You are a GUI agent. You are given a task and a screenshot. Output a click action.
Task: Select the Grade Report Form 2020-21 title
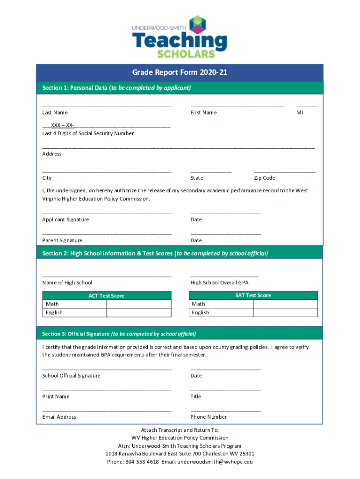180,73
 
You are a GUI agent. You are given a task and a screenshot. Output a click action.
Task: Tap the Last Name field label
55,113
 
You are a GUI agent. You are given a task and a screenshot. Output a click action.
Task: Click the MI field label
300,113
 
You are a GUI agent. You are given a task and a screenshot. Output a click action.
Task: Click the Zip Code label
264,178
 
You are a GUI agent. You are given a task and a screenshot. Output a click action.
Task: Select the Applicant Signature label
65,220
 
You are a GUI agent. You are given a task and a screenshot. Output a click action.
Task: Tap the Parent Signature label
62,240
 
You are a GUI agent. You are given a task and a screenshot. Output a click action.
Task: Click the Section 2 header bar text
155,254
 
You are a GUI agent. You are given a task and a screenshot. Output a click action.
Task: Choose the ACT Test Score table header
107,296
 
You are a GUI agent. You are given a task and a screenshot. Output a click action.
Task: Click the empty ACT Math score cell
139,304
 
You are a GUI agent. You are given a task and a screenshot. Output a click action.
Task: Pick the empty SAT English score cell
285,312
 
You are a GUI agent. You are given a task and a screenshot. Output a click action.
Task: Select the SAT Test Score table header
253,295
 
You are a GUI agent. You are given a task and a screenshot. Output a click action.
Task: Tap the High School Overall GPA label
219,283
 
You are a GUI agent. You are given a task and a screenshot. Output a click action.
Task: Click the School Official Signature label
71,376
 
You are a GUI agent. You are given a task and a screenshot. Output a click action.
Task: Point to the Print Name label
56,397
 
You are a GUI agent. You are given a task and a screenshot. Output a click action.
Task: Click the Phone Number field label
209,417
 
